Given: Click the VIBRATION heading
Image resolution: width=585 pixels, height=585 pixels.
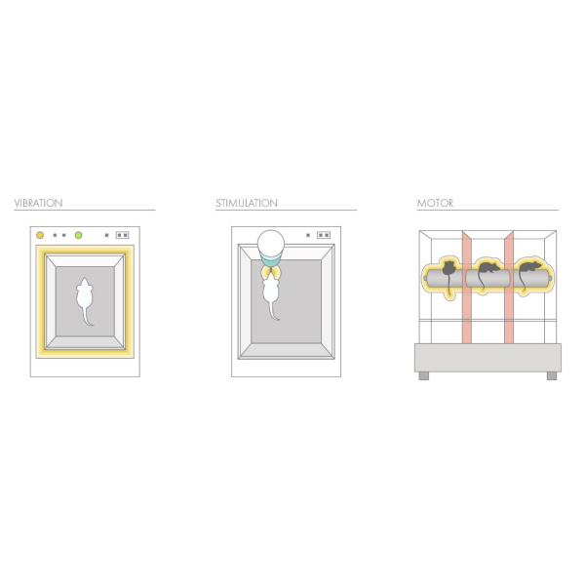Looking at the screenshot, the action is tap(38, 203).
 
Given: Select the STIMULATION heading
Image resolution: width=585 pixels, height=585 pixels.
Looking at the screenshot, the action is tap(247, 203).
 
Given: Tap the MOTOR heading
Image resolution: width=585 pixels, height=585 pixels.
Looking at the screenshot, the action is tap(435, 203).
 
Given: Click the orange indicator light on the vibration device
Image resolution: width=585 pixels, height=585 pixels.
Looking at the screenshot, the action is tap(40, 235).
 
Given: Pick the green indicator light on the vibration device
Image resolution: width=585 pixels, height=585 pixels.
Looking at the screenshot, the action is tap(78, 235).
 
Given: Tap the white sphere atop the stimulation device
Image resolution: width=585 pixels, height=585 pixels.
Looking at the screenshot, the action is tap(271, 243).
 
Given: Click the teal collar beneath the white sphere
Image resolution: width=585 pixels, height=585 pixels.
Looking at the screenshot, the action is tap(271, 260).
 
